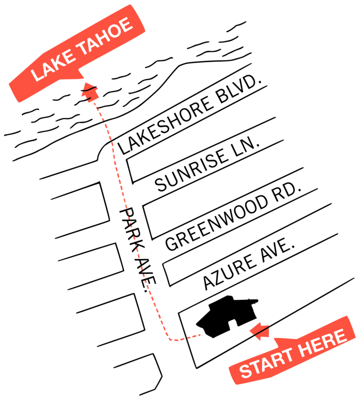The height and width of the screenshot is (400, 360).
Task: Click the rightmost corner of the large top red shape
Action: (x=186, y=61)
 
